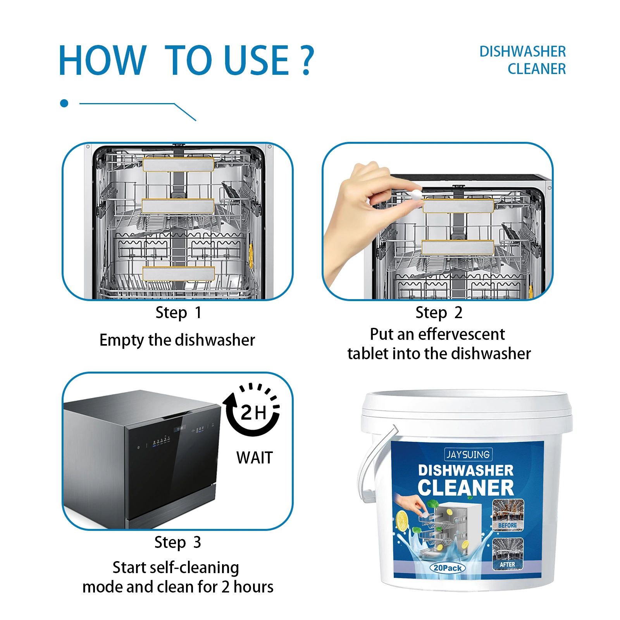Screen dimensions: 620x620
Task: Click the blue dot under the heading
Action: point(64,103)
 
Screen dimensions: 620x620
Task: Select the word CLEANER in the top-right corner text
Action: point(536,69)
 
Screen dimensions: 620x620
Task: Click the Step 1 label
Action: point(178,312)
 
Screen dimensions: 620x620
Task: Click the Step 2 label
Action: point(439,312)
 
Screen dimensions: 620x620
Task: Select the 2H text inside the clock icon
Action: point(253,412)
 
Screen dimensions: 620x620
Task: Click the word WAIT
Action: point(255,458)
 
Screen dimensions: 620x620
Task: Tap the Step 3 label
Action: point(177,542)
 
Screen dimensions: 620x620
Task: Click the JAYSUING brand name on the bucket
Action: point(468,454)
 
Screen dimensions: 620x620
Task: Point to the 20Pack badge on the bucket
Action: point(448,568)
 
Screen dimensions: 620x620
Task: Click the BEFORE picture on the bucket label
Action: point(508,515)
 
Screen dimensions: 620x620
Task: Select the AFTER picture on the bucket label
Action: point(508,553)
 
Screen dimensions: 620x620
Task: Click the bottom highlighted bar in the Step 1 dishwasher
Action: point(178,273)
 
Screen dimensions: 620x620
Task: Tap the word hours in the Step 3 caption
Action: point(253,587)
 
